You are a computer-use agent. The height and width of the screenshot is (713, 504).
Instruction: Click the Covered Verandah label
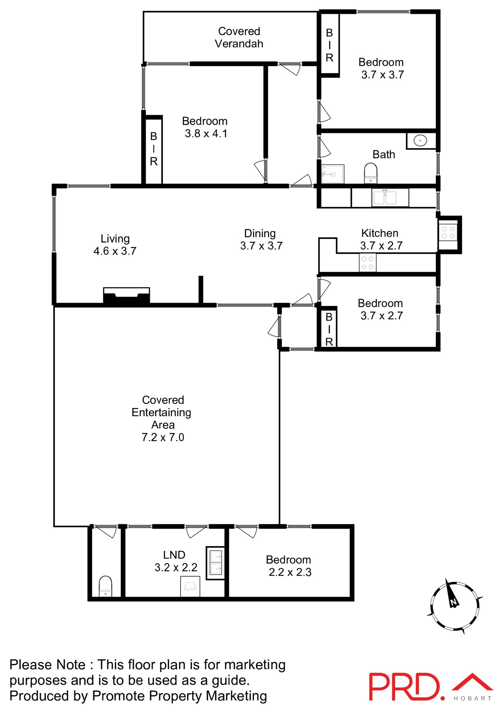[x=239, y=37]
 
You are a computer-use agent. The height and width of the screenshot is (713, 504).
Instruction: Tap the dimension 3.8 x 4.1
[x=206, y=134]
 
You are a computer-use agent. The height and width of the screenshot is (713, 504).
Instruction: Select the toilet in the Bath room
[x=370, y=173]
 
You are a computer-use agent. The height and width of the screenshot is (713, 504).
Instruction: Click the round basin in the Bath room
[x=420, y=141]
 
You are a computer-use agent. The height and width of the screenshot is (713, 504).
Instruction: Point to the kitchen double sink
[x=385, y=197]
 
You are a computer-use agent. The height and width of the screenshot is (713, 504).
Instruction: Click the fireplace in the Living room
[x=126, y=296]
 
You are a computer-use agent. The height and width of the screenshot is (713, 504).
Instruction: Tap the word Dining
[x=260, y=233]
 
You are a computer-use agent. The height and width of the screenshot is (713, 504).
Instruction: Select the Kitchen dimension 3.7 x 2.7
[x=381, y=246]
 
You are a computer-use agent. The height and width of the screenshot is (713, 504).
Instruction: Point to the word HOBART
[x=472, y=699]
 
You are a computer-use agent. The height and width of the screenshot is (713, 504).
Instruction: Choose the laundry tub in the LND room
[x=216, y=563]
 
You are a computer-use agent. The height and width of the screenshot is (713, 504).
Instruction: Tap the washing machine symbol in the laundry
[x=190, y=586]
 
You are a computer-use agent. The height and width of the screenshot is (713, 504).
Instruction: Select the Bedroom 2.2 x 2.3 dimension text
[x=290, y=572]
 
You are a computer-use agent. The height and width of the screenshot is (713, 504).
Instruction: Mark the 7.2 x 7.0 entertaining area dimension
[x=163, y=437]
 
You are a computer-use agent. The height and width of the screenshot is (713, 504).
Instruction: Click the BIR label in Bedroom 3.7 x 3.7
[x=329, y=45]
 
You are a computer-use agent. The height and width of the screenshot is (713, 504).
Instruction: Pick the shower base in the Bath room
[x=333, y=174]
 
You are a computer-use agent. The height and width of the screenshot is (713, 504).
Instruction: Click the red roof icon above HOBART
[x=472, y=683]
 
